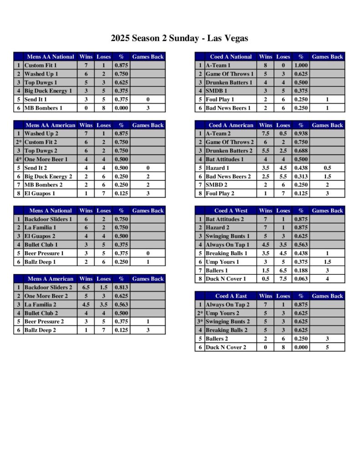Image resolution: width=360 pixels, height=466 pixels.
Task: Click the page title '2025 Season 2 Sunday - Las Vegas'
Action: tap(179, 38)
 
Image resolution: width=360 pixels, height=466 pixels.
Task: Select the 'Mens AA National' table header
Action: tap(51, 57)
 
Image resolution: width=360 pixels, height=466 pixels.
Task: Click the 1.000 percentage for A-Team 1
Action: tap(300, 66)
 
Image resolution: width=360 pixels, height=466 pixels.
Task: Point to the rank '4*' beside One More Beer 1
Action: tap(19, 160)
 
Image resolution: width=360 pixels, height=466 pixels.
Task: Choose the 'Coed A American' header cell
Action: tap(231, 125)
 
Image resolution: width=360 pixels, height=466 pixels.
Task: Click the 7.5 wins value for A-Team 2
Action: tap(265, 134)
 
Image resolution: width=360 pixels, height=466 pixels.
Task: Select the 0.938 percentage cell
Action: tap(300, 134)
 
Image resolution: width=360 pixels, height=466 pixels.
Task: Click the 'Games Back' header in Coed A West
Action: tap(327, 211)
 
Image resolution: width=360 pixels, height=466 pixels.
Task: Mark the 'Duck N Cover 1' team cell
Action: tap(226, 279)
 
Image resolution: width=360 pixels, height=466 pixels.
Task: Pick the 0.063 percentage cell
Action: tap(300, 279)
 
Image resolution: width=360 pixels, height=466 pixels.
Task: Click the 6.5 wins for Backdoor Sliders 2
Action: tap(86, 288)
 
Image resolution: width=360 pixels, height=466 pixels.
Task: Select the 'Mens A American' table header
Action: tap(51, 279)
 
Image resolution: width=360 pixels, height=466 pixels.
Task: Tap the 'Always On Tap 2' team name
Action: tap(228, 305)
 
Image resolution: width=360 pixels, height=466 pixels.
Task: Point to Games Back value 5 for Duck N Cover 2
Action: tap(327, 348)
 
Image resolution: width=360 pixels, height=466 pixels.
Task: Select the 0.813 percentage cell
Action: tap(121, 288)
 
